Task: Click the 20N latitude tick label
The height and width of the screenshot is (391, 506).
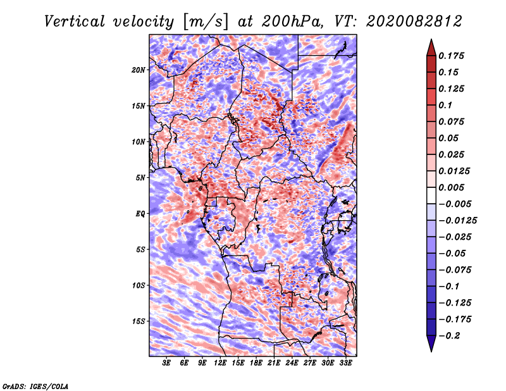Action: [139, 70]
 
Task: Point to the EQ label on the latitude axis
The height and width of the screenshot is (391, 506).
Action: [140, 214]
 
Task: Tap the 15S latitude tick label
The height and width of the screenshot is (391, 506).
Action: [139, 321]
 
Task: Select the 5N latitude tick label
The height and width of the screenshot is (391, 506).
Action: [140, 178]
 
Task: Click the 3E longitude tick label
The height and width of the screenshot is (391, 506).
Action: [167, 363]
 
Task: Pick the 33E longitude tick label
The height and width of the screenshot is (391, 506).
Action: [345, 363]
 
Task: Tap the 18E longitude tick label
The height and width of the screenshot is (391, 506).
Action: [256, 363]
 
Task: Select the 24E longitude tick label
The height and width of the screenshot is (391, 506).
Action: [292, 363]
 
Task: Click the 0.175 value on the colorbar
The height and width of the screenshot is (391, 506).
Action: [453, 56]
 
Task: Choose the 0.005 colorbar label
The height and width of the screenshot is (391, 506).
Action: [453, 188]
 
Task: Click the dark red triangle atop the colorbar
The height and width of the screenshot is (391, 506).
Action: [431, 46]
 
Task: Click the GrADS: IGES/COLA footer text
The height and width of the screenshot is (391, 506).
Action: [35, 385]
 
